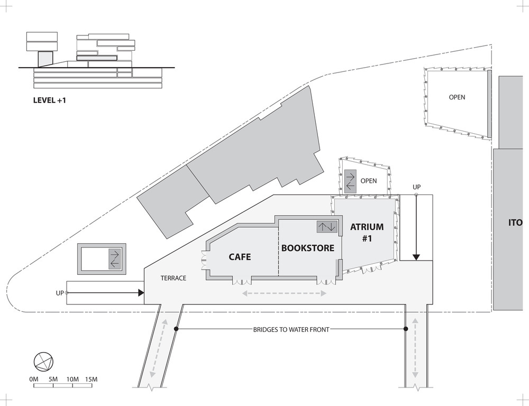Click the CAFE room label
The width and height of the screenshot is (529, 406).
click(x=240, y=257)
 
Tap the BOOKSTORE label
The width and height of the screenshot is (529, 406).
click(x=308, y=248)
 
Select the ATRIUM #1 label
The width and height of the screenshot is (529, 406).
click(x=367, y=233)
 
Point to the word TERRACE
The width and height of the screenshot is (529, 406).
click(x=173, y=278)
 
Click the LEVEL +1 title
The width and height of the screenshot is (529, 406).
click(x=50, y=100)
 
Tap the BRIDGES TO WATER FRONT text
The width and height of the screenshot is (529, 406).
click(x=291, y=329)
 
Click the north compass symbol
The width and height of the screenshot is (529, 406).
click(x=43, y=362)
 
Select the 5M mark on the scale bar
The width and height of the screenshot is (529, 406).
click(x=53, y=380)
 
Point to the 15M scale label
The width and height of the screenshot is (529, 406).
click(x=91, y=380)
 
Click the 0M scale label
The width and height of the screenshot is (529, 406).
click(x=34, y=380)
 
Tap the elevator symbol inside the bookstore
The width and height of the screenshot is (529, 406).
click(x=327, y=227)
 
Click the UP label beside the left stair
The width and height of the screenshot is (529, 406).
click(x=60, y=293)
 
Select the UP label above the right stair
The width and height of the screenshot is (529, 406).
click(x=417, y=187)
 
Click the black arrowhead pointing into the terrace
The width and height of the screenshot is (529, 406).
click(x=141, y=293)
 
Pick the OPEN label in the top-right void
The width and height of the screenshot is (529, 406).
click(x=457, y=97)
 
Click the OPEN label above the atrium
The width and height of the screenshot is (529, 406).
click(x=369, y=181)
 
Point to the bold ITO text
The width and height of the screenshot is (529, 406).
click(x=515, y=223)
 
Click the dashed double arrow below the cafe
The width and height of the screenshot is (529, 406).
click(x=285, y=293)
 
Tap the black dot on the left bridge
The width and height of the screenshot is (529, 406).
click(x=176, y=329)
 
